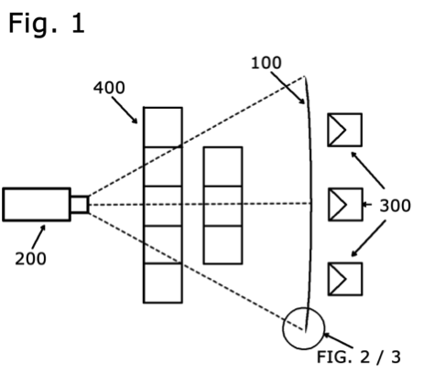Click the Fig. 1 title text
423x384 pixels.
(x=47, y=23)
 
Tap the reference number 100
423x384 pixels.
(x=266, y=63)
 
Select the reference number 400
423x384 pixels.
(x=109, y=88)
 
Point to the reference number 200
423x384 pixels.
(x=30, y=259)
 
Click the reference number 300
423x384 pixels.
(x=395, y=206)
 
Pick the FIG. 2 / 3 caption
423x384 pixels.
(x=359, y=357)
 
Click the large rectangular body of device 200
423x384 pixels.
(x=37, y=204)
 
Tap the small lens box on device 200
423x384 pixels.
(x=80, y=204)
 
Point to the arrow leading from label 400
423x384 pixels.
(x=125, y=111)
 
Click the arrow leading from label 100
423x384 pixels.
(x=287, y=88)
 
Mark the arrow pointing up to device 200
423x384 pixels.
(x=38, y=237)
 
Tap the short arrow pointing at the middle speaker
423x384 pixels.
(x=367, y=205)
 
